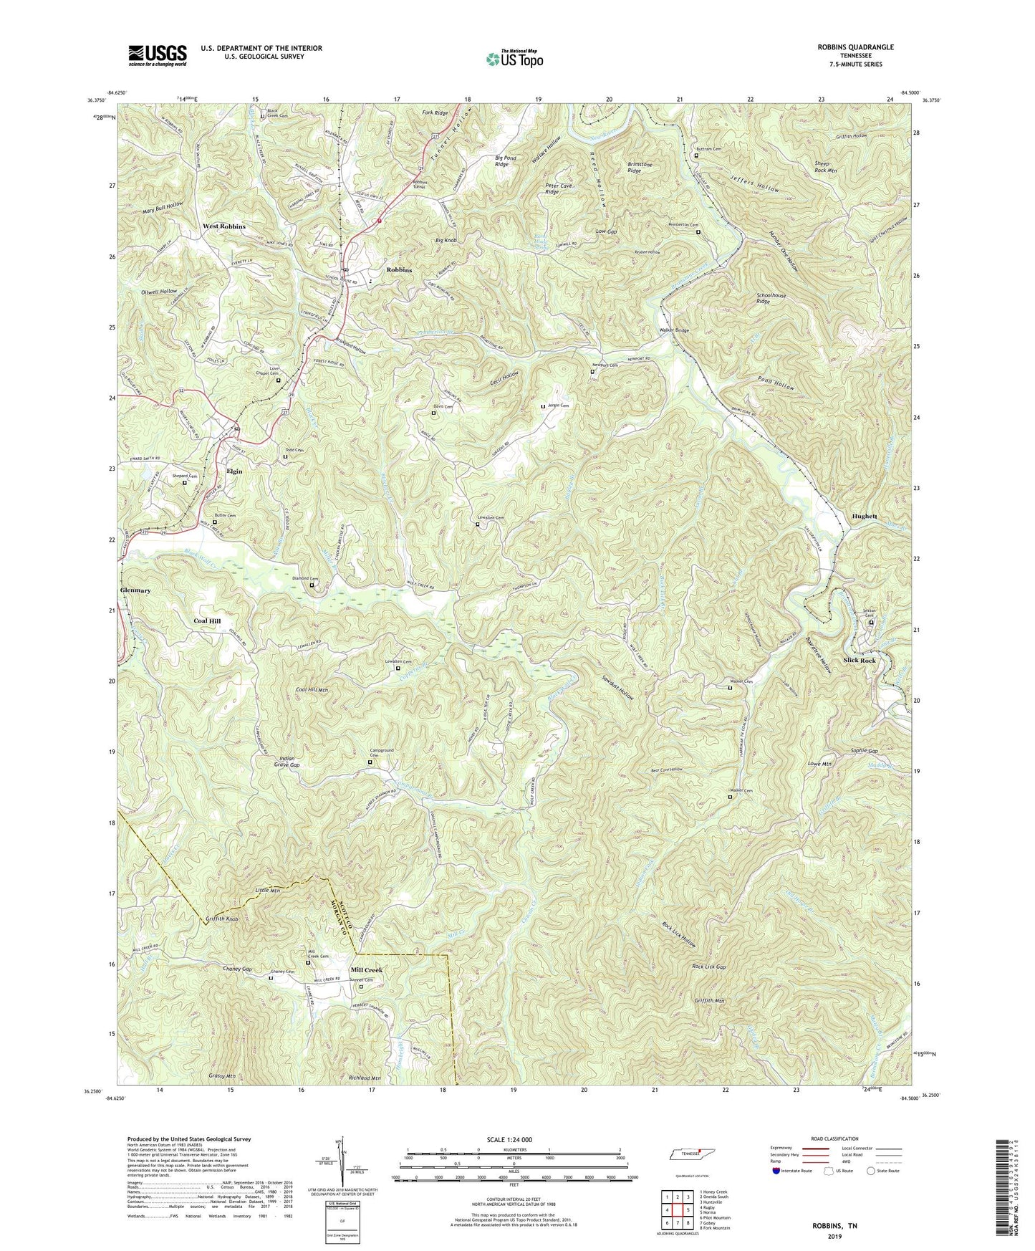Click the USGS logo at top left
click(x=158, y=55)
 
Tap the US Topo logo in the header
click(x=514, y=59)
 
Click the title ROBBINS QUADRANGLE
click(x=851, y=47)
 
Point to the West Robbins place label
click(x=223, y=226)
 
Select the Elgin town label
click(x=234, y=471)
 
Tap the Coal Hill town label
click(x=208, y=621)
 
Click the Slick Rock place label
click(x=860, y=660)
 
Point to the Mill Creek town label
click(x=367, y=970)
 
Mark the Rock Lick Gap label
click(x=708, y=967)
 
